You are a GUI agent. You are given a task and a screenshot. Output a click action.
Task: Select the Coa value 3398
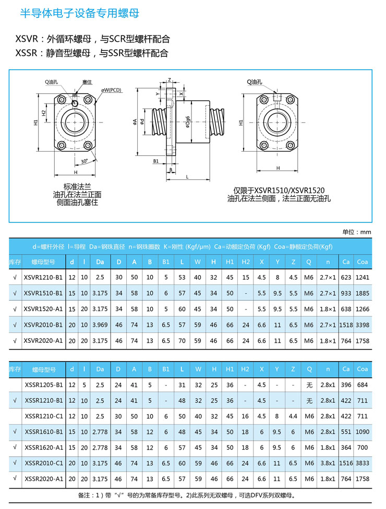(x=363, y=325)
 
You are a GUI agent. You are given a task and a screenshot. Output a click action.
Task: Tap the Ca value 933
(x=346, y=293)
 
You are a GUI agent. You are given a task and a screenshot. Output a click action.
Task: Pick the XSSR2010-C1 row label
(x=43, y=463)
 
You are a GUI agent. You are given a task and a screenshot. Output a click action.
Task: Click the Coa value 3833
(x=363, y=463)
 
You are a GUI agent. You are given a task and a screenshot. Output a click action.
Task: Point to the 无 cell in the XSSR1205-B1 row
(x=309, y=385)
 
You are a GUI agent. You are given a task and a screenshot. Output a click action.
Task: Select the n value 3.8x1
(x=328, y=463)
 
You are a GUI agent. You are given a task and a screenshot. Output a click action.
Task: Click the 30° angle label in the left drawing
(x=85, y=161)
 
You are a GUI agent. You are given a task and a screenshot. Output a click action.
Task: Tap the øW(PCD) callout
(x=112, y=90)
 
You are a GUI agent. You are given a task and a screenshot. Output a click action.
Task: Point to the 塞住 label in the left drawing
(x=87, y=82)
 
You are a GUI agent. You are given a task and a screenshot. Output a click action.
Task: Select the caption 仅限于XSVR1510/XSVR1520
(x=279, y=190)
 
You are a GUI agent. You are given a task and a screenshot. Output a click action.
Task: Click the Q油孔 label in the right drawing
(x=255, y=82)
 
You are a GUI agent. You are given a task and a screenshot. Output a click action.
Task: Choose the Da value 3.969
(x=100, y=325)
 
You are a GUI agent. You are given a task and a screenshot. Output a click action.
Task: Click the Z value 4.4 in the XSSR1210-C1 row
(x=294, y=416)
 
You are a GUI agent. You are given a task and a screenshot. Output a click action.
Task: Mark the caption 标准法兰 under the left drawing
(x=77, y=187)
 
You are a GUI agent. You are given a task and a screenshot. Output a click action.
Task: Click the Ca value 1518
(x=346, y=325)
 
